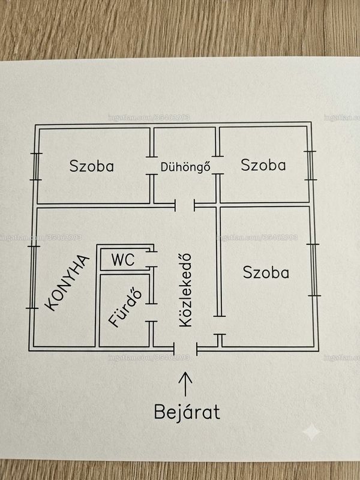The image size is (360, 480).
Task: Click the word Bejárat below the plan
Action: click(x=187, y=412)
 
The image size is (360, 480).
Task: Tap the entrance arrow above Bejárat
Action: click(x=185, y=384)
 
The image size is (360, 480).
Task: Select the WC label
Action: click(x=123, y=260)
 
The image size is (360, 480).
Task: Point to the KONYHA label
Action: click(x=67, y=283)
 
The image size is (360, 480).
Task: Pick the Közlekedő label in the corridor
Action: click(x=185, y=290)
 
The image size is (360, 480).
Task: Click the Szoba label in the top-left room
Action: click(x=92, y=166)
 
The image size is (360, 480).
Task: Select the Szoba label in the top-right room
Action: click(x=263, y=165)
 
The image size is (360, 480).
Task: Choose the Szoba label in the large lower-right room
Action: click(x=266, y=272)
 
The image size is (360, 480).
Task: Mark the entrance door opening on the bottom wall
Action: click(x=185, y=349)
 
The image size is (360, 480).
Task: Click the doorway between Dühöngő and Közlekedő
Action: click(x=185, y=205)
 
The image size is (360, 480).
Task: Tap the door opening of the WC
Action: click(x=151, y=259)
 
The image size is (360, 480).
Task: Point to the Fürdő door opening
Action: click(x=151, y=313)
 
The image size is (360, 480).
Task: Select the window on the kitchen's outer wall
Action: click(x=34, y=277)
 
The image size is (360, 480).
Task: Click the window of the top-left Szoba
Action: click(x=36, y=166)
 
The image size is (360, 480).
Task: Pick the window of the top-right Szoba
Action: click(x=310, y=166)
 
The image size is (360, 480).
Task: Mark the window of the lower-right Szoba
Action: click(x=314, y=270)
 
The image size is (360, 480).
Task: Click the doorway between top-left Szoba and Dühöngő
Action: click(x=152, y=166)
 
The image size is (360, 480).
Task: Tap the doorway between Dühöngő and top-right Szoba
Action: click(x=218, y=165)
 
